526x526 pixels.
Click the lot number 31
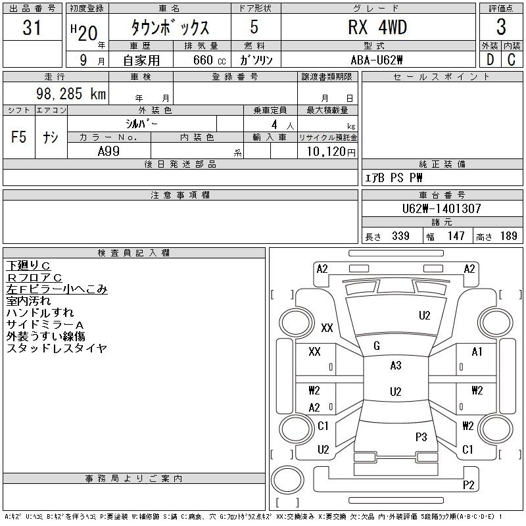(x=32, y=28)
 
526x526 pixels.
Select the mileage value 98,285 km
(x=71, y=94)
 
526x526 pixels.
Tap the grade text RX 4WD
(x=377, y=28)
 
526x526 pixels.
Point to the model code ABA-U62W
(x=376, y=60)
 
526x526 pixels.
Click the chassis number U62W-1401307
(x=441, y=208)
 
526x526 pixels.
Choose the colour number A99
(x=108, y=151)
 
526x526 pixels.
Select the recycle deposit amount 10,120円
(x=331, y=152)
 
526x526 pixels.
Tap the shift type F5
(x=19, y=137)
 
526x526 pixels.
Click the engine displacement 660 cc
(x=209, y=60)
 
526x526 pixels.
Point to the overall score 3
(x=501, y=27)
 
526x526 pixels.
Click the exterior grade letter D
(x=490, y=60)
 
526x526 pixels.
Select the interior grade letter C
(x=512, y=60)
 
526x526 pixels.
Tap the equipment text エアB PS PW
(x=393, y=178)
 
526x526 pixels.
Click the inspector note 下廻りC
(x=28, y=266)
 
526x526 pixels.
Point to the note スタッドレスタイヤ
(x=57, y=348)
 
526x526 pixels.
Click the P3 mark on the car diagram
(x=421, y=437)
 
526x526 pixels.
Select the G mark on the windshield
(x=377, y=346)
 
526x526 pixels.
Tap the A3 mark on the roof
(x=396, y=366)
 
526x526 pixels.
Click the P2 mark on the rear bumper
(x=469, y=485)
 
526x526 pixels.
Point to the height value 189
(x=508, y=236)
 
